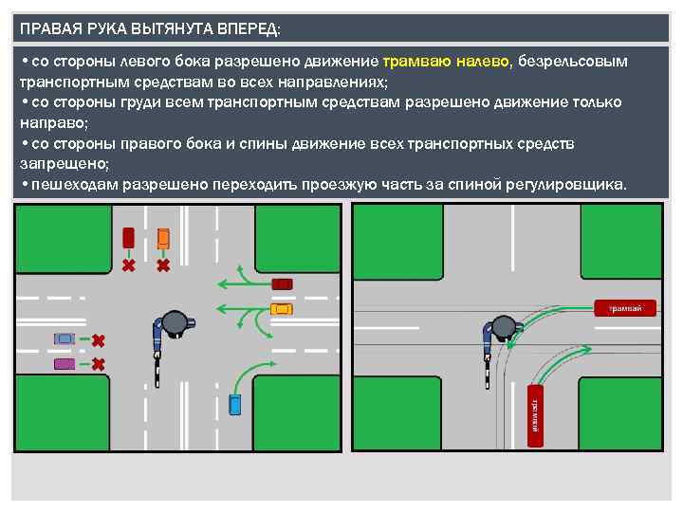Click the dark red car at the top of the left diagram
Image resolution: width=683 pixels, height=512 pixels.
click(x=128, y=237)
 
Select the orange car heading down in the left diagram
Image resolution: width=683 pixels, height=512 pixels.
click(x=163, y=237)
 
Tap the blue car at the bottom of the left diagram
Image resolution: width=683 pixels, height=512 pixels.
click(x=235, y=404)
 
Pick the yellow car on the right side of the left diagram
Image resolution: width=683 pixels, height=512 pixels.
click(x=282, y=308)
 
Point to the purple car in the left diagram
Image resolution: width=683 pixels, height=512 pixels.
click(x=65, y=363)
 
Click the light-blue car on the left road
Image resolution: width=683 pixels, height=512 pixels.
click(x=65, y=338)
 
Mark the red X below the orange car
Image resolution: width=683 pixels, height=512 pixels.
click(x=163, y=265)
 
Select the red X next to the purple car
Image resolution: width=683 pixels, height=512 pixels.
click(x=98, y=363)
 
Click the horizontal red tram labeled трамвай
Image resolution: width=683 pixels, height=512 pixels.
click(x=625, y=307)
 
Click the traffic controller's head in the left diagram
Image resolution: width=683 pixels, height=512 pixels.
click(x=175, y=322)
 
